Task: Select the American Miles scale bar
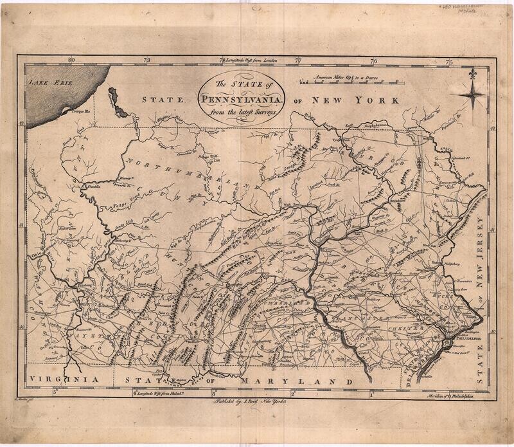tap(348, 83)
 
